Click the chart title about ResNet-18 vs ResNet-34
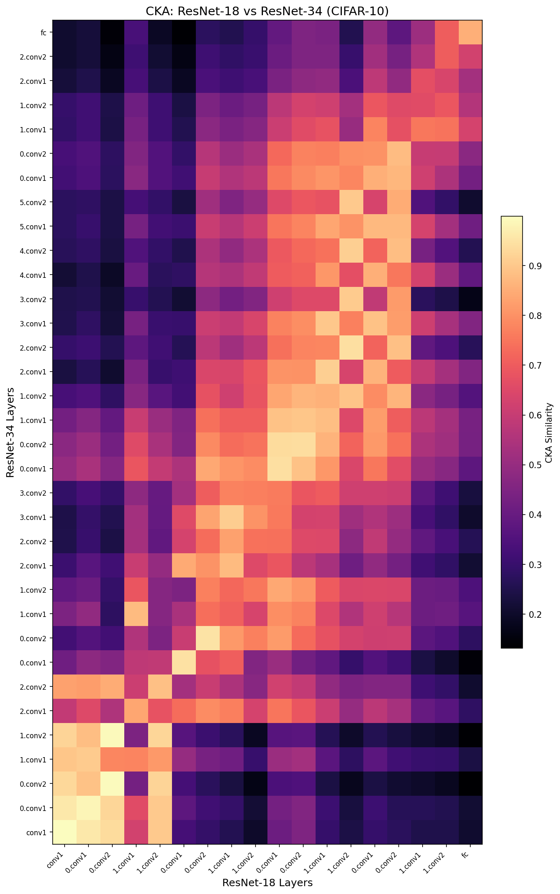(x=267, y=11)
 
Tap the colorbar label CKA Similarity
(x=548, y=432)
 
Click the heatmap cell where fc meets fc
(x=470, y=32)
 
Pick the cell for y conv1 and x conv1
(x=65, y=832)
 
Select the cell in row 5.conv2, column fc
(x=470, y=202)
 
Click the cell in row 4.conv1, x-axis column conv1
(x=65, y=275)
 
